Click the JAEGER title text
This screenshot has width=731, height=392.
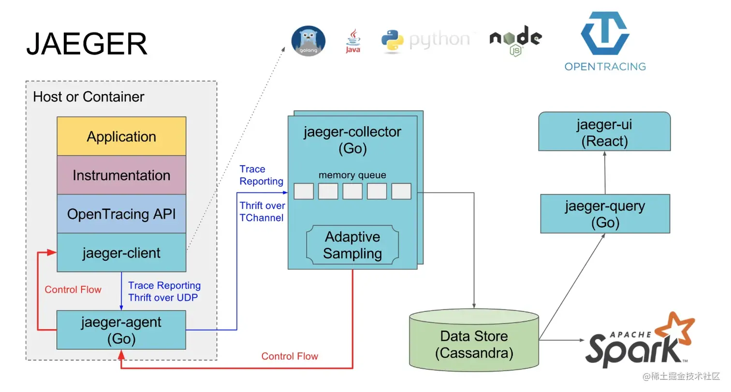(x=87, y=44)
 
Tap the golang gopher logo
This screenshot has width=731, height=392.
(x=308, y=41)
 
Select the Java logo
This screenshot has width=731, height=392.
(x=353, y=41)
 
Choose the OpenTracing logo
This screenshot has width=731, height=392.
(x=605, y=41)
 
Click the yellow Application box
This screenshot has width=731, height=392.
(x=121, y=137)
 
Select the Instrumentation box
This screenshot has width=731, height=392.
(x=121, y=175)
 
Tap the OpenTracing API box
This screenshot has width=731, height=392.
(x=121, y=214)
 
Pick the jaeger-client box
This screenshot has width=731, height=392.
(x=121, y=253)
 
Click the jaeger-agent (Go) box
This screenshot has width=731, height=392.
(x=121, y=330)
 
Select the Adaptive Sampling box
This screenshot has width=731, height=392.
(x=352, y=245)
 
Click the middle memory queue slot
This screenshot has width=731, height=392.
(x=352, y=191)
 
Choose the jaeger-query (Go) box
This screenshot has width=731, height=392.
(x=605, y=214)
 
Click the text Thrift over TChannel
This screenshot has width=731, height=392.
(x=262, y=211)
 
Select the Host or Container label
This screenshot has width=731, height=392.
(x=88, y=97)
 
